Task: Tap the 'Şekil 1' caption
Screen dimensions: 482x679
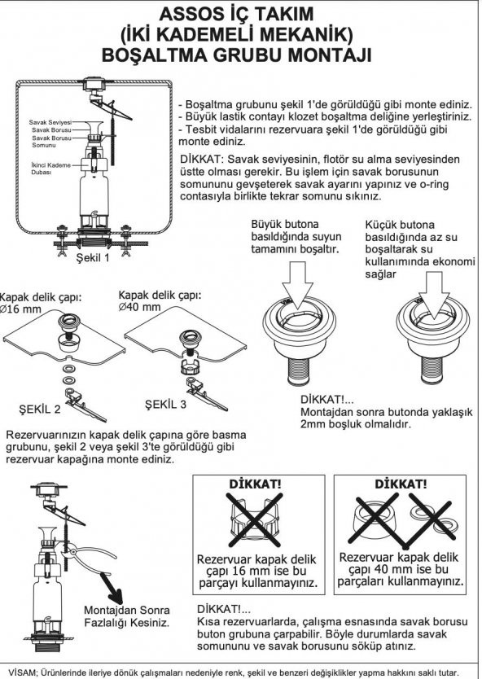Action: point(93,258)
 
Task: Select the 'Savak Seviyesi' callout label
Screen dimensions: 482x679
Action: point(50,123)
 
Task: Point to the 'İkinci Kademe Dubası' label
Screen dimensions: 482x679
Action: point(50,169)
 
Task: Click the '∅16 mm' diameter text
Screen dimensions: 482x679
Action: point(20,309)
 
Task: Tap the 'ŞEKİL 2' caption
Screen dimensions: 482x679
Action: point(40,409)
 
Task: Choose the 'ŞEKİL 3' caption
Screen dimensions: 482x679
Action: point(165,405)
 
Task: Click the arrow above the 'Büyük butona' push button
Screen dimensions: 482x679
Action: point(297,283)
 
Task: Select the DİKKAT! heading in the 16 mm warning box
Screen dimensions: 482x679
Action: point(255,484)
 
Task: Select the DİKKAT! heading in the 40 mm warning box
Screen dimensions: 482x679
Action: point(401,484)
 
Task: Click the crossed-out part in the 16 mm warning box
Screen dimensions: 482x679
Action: point(255,519)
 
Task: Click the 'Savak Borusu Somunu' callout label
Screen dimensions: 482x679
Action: point(51,142)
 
